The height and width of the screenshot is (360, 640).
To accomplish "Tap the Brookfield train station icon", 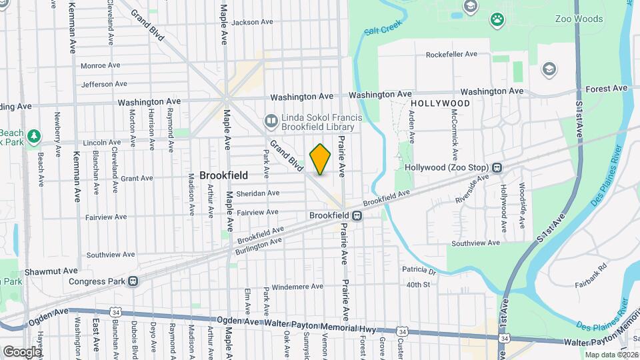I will point(357,215).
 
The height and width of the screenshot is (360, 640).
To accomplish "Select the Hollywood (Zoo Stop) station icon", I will point(497,167).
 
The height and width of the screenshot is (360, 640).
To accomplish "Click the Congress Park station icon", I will point(133,281).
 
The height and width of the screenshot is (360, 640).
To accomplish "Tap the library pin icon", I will point(271,121).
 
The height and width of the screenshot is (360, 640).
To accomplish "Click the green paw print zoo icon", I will point(497,19).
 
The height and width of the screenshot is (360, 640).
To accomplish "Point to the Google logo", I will point(23,351).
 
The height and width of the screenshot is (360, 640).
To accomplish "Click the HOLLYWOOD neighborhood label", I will point(440,104).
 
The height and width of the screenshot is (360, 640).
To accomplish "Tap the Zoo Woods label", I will point(579,19).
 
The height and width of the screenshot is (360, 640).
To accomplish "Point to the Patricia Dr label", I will point(419,271).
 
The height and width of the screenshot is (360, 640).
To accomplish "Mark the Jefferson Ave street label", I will point(104,84).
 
